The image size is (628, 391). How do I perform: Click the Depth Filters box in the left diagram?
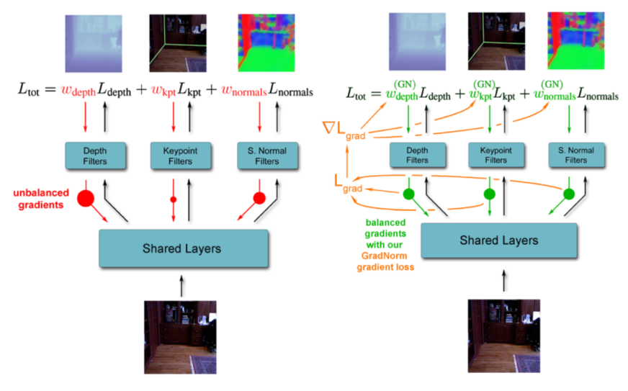coord(96,156)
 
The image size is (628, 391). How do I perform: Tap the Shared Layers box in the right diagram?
coord(498,241)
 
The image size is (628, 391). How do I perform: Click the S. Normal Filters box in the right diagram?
coord(577,156)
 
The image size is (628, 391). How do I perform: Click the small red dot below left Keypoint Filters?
coord(173,199)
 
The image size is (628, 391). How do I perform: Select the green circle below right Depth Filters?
coord(409,194)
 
